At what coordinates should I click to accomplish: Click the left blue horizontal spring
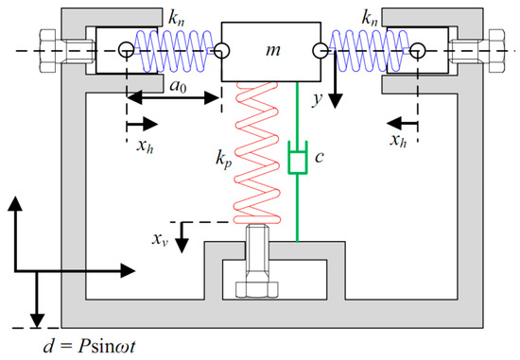[x=171, y=48]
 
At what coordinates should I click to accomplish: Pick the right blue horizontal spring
[x=369, y=48]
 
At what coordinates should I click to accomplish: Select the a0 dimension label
[x=175, y=86]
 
